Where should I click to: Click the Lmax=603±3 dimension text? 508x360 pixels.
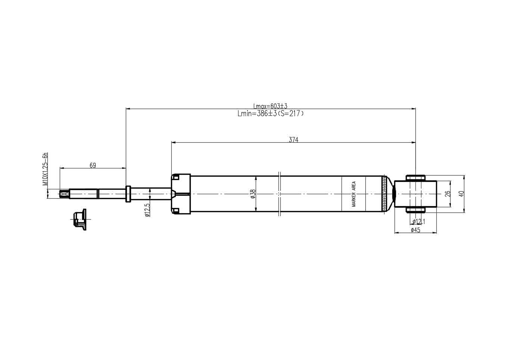click(270, 106)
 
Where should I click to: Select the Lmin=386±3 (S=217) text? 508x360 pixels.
click(270, 114)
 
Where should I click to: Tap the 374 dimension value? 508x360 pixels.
click(293, 140)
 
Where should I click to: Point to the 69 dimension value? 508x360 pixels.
click(93, 165)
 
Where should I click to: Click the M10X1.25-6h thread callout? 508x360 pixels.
click(46, 169)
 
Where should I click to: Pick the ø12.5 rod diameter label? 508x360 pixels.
click(147, 210)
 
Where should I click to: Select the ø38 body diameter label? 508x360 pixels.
click(253, 194)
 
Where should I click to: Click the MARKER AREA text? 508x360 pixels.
click(353, 194)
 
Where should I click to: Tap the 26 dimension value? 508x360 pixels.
click(448, 194)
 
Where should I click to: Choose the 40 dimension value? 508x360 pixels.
click(461, 194)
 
